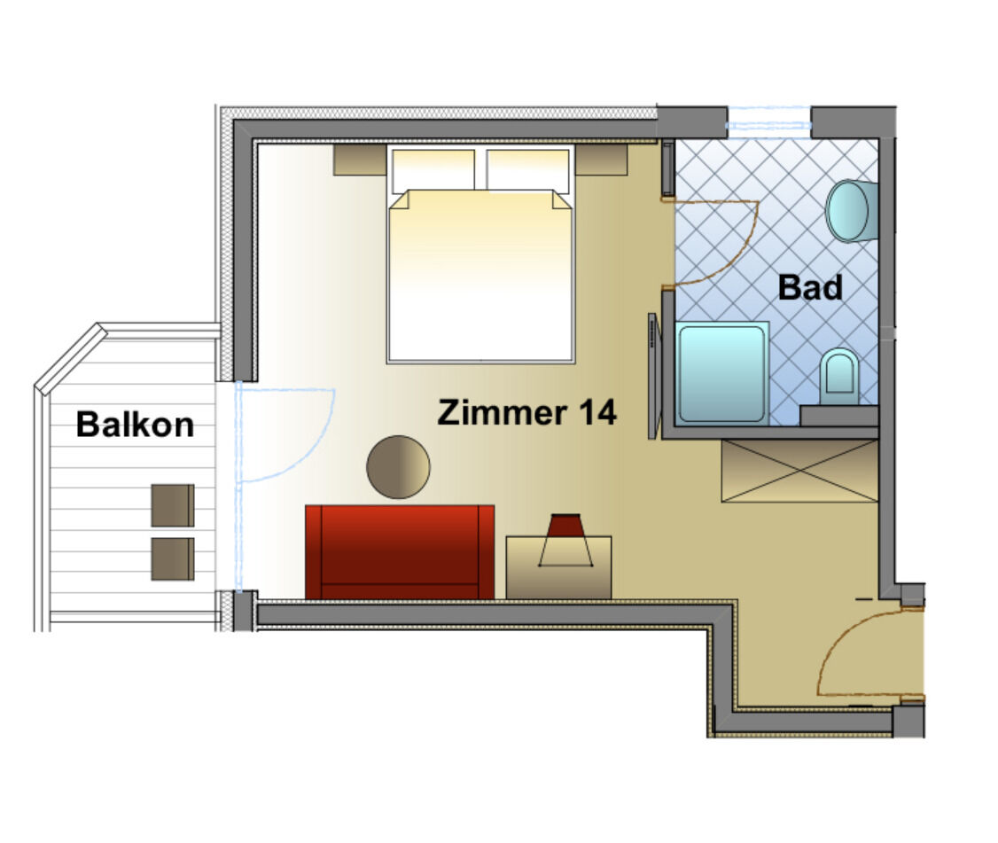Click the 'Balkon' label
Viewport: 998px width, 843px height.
click(x=135, y=424)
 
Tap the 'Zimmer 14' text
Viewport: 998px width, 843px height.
click(x=527, y=412)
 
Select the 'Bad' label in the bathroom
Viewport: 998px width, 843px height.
click(x=810, y=287)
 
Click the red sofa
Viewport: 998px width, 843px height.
click(x=400, y=552)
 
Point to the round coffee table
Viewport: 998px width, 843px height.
click(x=399, y=466)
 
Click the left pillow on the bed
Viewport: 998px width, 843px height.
click(x=433, y=169)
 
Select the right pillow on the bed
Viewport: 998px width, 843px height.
click(x=527, y=169)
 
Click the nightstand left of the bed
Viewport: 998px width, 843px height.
click(x=360, y=160)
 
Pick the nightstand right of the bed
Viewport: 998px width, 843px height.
click(x=602, y=160)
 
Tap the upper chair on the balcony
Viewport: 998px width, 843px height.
click(x=173, y=505)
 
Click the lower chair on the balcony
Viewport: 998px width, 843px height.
click(x=173, y=559)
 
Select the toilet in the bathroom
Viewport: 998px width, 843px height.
click(x=839, y=377)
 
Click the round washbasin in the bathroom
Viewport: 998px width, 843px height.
click(x=852, y=211)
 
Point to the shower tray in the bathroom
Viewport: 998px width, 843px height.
click(x=721, y=373)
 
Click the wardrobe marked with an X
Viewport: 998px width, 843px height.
click(x=799, y=472)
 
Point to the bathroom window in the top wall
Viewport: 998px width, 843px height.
click(x=768, y=121)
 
